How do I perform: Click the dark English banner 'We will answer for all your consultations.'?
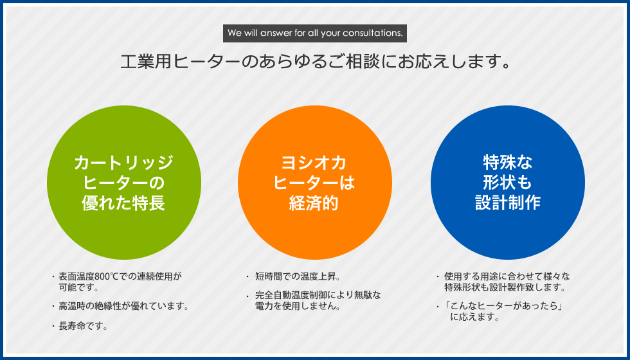coord(315,33)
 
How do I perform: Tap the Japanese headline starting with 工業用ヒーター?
coord(316,62)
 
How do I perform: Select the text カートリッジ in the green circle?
coord(123,163)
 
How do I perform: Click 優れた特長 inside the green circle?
coord(123,203)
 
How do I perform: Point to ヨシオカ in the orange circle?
coord(314,163)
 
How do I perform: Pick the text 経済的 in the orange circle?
coord(314,203)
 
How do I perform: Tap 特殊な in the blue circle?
coord(508,162)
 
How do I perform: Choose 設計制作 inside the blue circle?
coord(508,203)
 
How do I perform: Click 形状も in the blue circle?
coord(508,183)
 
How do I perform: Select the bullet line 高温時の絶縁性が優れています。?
coord(124,307)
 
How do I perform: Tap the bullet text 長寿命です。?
coord(84,327)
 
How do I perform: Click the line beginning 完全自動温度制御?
coord(318,296)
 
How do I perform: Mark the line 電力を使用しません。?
coord(298,307)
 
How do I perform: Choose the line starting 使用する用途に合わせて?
coord(507,277)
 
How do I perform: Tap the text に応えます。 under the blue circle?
coord(475,318)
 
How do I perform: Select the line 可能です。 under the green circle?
coord(78,288)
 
